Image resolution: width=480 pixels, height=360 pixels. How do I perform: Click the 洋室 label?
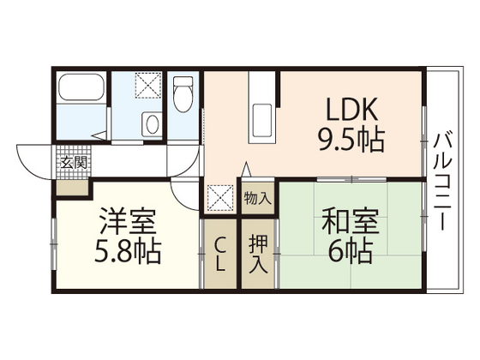pos(125,225)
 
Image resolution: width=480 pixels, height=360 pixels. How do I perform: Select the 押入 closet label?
pos(257,248)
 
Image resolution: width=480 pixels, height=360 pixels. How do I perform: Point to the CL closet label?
pos(221,254)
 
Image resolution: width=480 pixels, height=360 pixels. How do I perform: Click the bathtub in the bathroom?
pos(81,88)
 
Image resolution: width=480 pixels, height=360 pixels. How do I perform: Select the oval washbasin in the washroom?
pos(152,123)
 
